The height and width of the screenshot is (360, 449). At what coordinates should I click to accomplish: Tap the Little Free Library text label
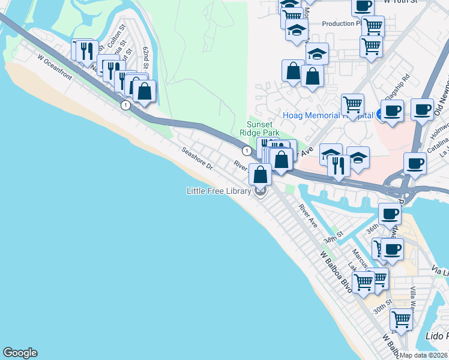pyautogui.click(x=218, y=191)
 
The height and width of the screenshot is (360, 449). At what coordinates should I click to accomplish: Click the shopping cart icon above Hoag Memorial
pyautogui.click(x=352, y=104)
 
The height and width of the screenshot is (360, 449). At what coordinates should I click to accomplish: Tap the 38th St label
pyautogui.click(x=332, y=237)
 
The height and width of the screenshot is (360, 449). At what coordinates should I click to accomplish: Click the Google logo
pyautogui.click(x=20, y=353)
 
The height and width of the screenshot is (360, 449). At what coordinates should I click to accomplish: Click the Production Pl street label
pyautogui.click(x=340, y=23)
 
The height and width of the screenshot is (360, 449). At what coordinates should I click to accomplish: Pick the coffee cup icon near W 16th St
pyautogui.click(x=362, y=5)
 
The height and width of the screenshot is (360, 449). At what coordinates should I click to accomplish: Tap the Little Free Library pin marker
pyautogui.click(x=261, y=191)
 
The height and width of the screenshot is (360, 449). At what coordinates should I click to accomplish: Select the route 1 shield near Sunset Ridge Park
pyautogui.click(x=247, y=150)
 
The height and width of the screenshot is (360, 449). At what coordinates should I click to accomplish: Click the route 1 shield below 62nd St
pyautogui.click(x=125, y=105)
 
